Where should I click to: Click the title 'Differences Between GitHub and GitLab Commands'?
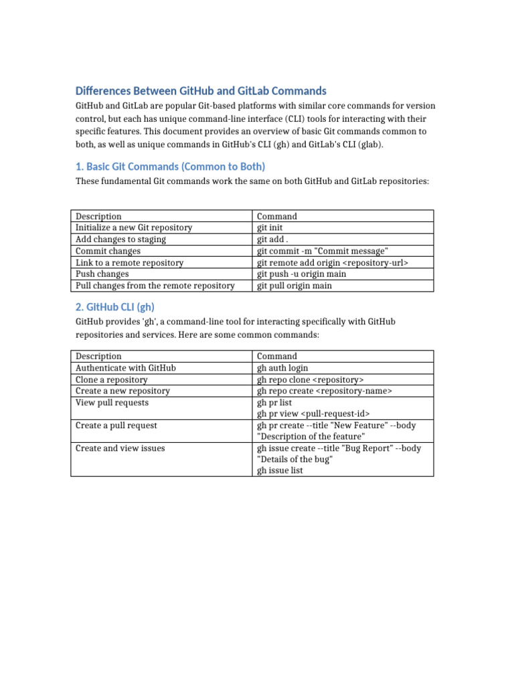pyautogui.click(x=201, y=90)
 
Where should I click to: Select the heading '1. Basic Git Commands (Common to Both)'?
pyautogui.click(x=171, y=167)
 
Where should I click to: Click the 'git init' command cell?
pyautogui.click(x=271, y=228)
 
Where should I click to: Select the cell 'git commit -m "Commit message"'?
pyautogui.click(x=323, y=251)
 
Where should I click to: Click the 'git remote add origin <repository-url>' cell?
pyautogui.click(x=333, y=263)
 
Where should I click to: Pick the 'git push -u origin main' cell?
pyautogui.click(x=302, y=274)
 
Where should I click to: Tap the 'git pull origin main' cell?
pyautogui.click(x=294, y=286)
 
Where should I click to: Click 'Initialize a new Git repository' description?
pyautogui.click(x=134, y=228)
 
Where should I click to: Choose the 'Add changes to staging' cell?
pyautogui.click(x=120, y=239)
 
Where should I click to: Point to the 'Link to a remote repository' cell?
pyautogui.click(x=129, y=263)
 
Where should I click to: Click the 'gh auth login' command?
pyautogui.click(x=282, y=368)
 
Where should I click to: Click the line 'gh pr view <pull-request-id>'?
pyautogui.click(x=313, y=414)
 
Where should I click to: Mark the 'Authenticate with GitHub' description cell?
pyautogui.click(x=126, y=368)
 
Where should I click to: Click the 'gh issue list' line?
pyautogui.click(x=280, y=471)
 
